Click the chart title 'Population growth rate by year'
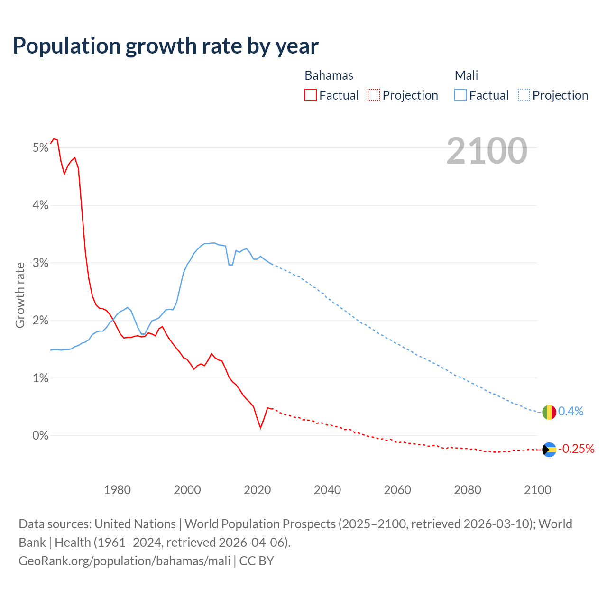166,46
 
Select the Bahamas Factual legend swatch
311,95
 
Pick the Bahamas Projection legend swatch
374,95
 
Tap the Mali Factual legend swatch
460,95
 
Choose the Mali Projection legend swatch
524,95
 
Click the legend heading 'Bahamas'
329,75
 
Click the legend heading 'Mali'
466,75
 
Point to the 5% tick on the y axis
41,148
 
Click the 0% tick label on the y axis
41,435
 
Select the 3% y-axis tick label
41,263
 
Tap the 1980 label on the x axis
117,490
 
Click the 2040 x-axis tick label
327,490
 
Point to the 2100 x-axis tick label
537,490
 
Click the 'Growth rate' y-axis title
20,295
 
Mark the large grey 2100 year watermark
487,151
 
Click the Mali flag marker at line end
549,412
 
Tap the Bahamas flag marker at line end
549,450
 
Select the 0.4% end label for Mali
571,411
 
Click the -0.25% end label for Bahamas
576,449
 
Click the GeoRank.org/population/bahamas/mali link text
124,561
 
